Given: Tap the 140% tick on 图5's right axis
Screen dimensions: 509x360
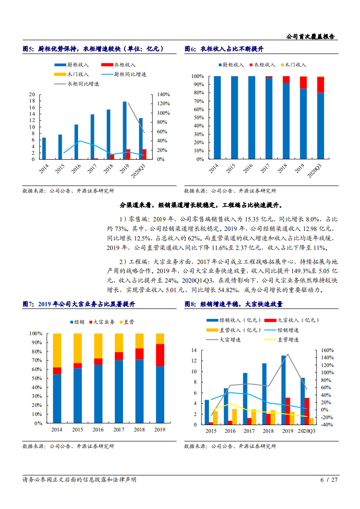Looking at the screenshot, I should [163, 94].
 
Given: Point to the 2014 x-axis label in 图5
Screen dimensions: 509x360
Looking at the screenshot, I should [44, 169].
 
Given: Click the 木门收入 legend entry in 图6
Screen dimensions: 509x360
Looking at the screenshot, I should [294, 65].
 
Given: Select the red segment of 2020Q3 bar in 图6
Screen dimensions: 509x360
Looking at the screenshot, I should [321, 85].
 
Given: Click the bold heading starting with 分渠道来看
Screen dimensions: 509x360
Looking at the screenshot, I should [200, 205].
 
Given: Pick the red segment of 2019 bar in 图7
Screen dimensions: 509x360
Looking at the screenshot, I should [160, 355].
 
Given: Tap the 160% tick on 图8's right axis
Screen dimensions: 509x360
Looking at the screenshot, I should [327, 350].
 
